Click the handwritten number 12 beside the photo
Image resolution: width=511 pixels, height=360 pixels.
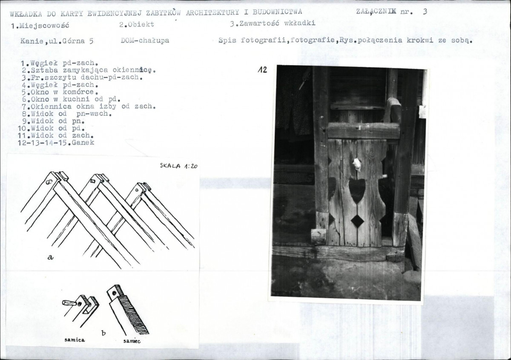262,69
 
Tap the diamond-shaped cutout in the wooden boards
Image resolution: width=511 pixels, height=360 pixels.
357,221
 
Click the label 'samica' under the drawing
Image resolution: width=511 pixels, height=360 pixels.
75,340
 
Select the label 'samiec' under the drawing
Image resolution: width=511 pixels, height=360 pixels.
132,341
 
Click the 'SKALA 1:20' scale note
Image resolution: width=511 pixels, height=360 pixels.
178,166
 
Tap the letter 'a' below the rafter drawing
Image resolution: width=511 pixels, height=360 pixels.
50,257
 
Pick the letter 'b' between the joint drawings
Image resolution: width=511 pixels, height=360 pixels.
103,333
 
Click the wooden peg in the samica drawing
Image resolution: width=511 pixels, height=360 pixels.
69,303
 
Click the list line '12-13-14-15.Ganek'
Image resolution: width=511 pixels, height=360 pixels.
56,143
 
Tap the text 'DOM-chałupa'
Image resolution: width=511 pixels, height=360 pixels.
145,40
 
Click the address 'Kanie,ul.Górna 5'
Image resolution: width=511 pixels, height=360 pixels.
57,41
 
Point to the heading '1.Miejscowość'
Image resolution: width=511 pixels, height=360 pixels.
40,25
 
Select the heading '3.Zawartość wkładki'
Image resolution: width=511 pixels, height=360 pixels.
273,23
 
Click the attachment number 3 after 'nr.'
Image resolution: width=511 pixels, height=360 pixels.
425,12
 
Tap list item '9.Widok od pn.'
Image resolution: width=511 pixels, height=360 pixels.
53,121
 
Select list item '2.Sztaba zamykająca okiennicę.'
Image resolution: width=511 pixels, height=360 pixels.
89,70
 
